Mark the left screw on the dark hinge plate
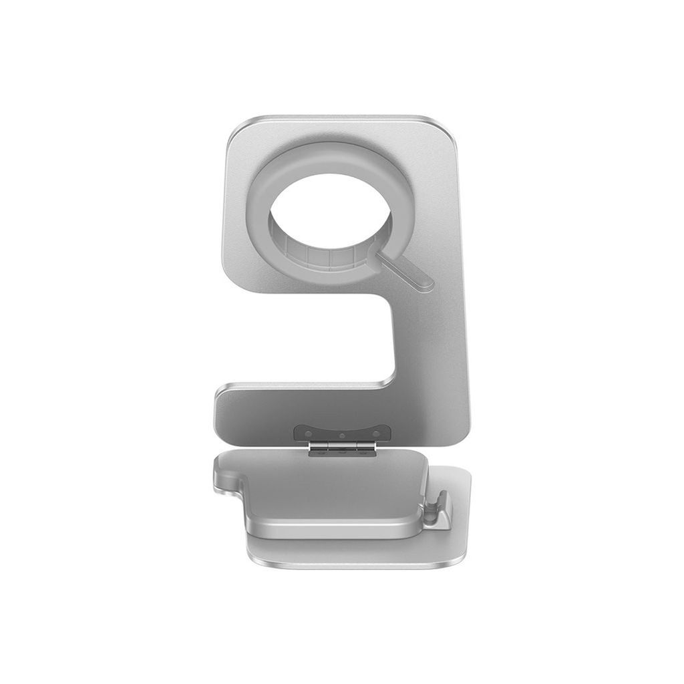pyautogui.click(x=308, y=434)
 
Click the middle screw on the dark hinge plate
pyautogui.click(x=342, y=436)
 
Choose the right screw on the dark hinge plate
pyautogui.click(x=376, y=434)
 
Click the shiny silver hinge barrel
pyautogui.click(x=342, y=445)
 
